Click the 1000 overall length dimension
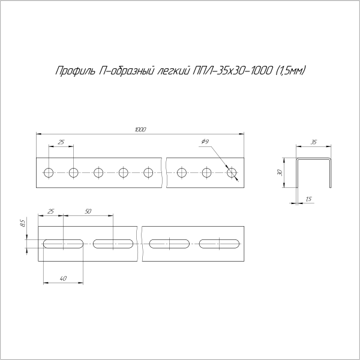tap(140, 130)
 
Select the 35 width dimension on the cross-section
tap(314, 142)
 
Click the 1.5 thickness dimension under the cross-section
tap(308, 199)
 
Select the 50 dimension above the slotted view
tap(88, 211)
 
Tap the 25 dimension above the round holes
tap(61, 142)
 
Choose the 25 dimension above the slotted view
tap(50, 211)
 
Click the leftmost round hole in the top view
tap(48, 173)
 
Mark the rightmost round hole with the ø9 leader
tap(232, 173)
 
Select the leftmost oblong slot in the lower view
tap(62, 244)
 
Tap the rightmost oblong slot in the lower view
tap(220, 244)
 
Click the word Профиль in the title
tap(74, 71)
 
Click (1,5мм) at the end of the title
tap(290, 71)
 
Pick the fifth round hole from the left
tap(148, 173)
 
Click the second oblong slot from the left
tap(113, 244)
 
